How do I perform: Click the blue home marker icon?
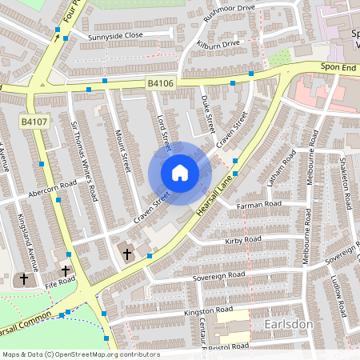coord(180,172)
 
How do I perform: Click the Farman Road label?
coord(259,206)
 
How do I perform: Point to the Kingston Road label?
coord(208,310)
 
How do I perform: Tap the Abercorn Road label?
coord(51,188)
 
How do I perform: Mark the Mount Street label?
coord(122,151)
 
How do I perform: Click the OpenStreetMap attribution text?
coord(80,354)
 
